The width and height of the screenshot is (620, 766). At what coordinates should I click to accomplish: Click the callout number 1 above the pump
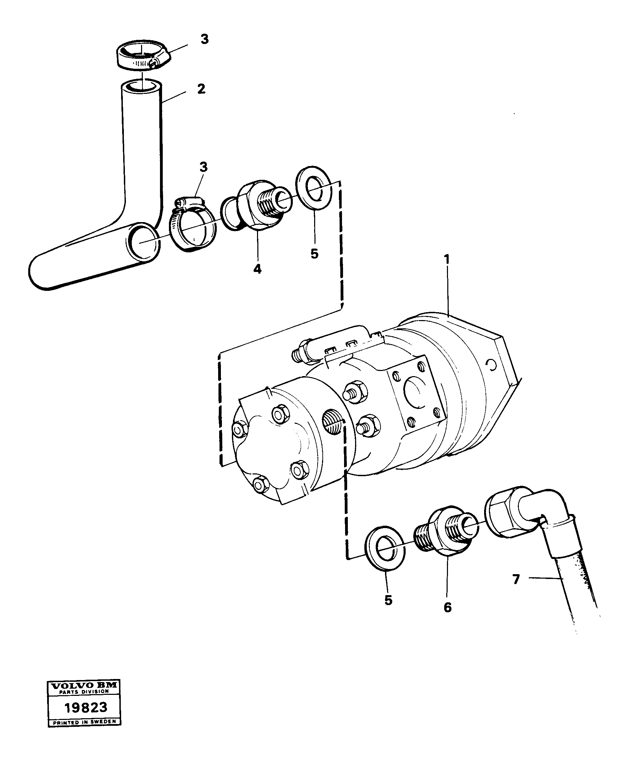click(447, 259)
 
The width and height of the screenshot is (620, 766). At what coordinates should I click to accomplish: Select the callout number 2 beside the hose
click(201, 89)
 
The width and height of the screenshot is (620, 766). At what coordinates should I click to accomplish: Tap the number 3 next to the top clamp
click(204, 39)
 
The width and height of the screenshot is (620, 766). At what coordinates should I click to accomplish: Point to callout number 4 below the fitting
click(257, 269)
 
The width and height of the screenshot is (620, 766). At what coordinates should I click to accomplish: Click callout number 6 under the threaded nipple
click(448, 607)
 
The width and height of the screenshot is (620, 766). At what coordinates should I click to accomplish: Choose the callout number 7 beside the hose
click(516, 579)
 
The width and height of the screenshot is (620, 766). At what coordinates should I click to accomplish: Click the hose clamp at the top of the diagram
click(142, 55)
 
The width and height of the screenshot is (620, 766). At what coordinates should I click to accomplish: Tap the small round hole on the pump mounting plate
click(492, 365)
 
